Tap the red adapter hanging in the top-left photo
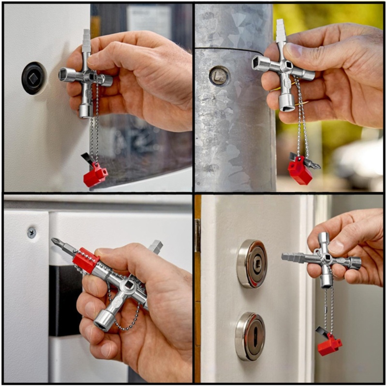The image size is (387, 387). click(95, 175)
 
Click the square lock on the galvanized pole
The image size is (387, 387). click(219, 75)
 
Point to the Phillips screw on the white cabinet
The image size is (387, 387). click(31, 233)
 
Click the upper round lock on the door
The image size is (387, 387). click(251, 264)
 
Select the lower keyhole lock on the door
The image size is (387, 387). click(250, 336)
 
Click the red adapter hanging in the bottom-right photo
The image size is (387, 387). click(329, 345)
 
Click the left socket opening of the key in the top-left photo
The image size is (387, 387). click(63, 74)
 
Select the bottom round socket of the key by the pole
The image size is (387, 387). click(286, 102)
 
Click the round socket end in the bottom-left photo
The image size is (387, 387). click(103, 320)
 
